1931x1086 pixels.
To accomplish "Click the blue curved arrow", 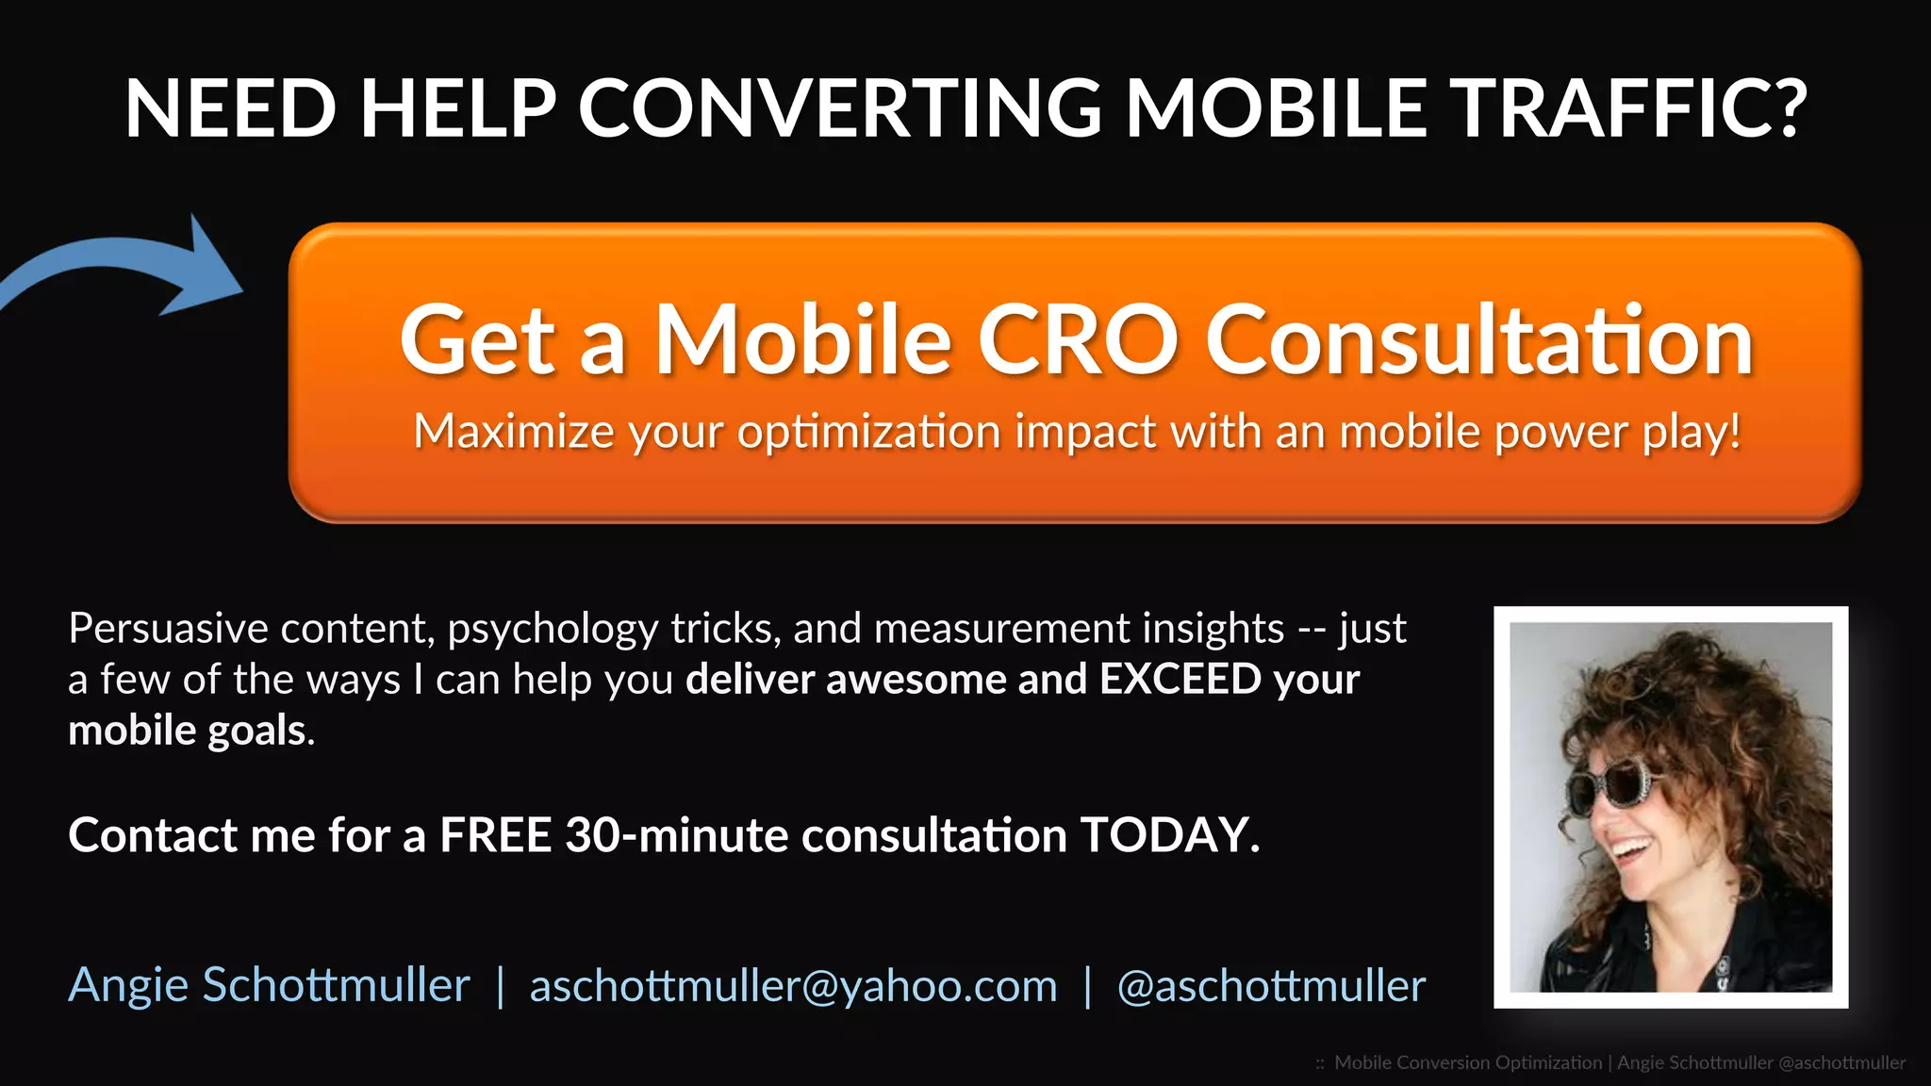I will (132, 269).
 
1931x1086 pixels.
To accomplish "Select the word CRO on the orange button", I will (1078, 339).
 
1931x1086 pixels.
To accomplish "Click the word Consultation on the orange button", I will (1479, 339).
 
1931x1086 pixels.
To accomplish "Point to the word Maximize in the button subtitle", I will (514, 432).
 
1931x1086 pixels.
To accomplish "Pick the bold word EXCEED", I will (1180, 680).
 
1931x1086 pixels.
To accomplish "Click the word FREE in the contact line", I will (495, 835).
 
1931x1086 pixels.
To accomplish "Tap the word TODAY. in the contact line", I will (1169, 835).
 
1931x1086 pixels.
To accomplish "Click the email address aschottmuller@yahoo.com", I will (793, 986).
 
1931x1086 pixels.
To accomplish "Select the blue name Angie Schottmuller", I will (269, 986).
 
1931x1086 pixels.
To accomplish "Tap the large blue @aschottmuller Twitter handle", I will (1271, 986).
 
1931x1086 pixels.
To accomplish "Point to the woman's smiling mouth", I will (1630, 847).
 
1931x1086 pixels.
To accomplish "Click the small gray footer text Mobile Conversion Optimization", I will (1468, 1062).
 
